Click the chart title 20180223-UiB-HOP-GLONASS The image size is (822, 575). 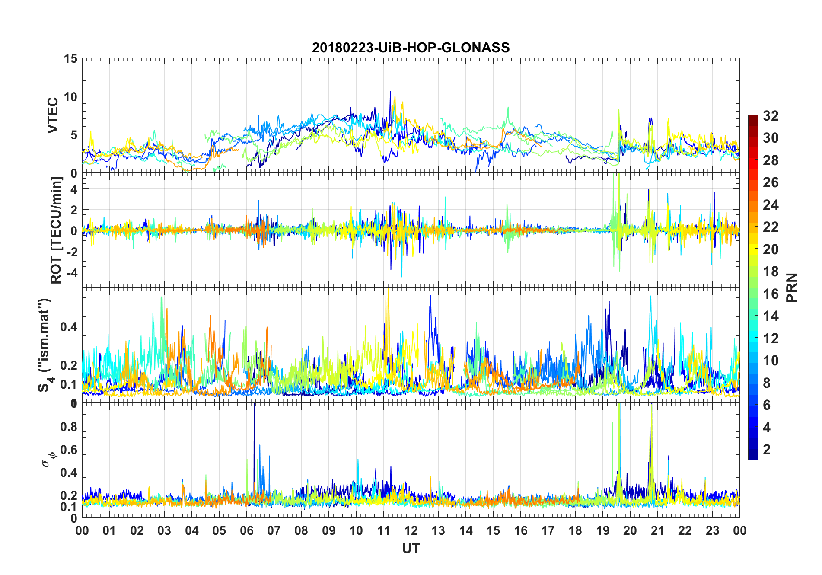[x=411, y=48]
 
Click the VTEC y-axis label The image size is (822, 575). [x=53, y=115]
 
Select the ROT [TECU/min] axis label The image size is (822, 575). [x=56, y=230]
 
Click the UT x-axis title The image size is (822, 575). [x=411, y=549]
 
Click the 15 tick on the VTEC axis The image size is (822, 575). [x=70, y=58]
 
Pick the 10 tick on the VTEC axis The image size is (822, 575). [x=70, y=96]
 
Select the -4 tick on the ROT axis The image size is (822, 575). [x=72, y=272]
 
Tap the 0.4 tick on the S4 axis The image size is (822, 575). [x=69, y=326]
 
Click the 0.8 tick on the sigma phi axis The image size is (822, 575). [x=69, y=426]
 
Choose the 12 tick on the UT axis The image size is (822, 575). [x=411, y=530]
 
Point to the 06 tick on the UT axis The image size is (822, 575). [x=247, y=530]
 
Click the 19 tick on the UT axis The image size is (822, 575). [x=603, y=530]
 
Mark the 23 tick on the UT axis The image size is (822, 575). [x=713, y=530]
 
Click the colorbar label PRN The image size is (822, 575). [x=792, y=287]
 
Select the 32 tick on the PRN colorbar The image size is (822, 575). [x=771, y=115]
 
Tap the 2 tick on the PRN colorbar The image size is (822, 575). [x=767, y=449]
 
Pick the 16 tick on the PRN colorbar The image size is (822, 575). [x=771, y=294]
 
